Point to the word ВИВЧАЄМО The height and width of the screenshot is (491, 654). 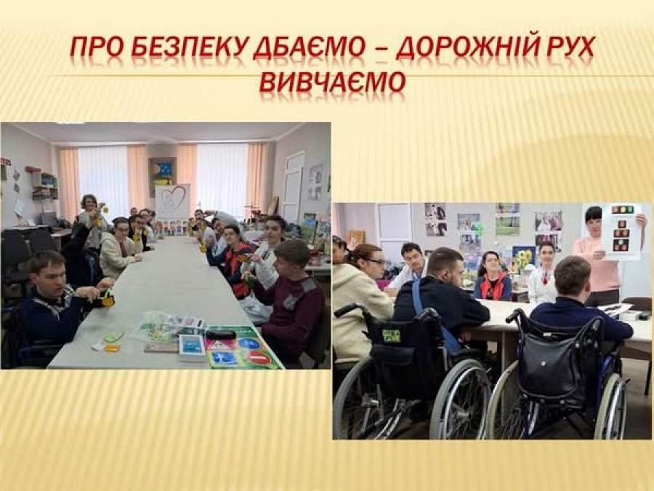click(x=332, y=81)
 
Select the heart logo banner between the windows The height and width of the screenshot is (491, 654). click(x=171, y=201)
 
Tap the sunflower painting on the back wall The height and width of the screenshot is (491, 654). click(x=523, y=259)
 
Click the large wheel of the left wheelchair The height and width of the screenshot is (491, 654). click(x=460, y=399)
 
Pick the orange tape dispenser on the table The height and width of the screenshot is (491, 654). click(x=112, y=348)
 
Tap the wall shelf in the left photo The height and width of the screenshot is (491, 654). click(x=44, y=185)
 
